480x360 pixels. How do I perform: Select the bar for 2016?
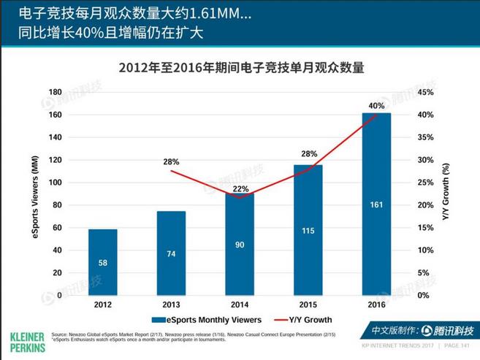click(376, 204)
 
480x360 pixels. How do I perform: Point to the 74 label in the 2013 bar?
click(171, 254)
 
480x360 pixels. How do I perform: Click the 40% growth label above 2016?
click(376, 105)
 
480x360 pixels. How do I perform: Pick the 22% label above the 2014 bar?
click(240, 189)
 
